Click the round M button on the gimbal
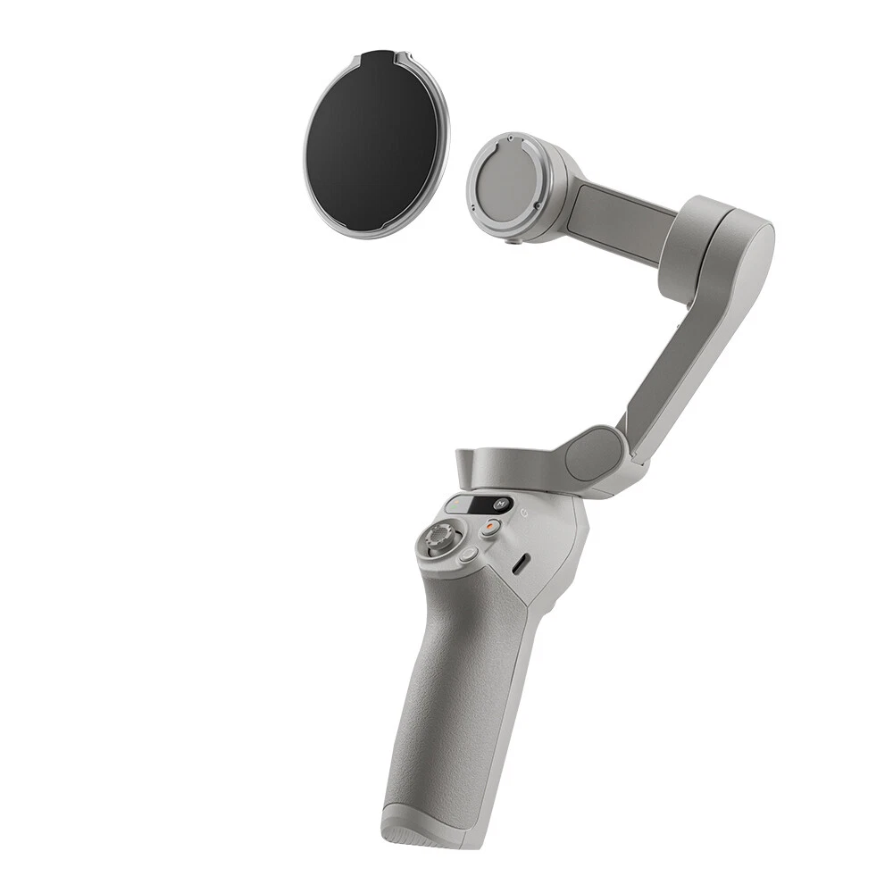(x=501, y=504)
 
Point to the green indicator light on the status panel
(x=454, y=504)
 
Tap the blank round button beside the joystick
(x=470, y=555)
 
